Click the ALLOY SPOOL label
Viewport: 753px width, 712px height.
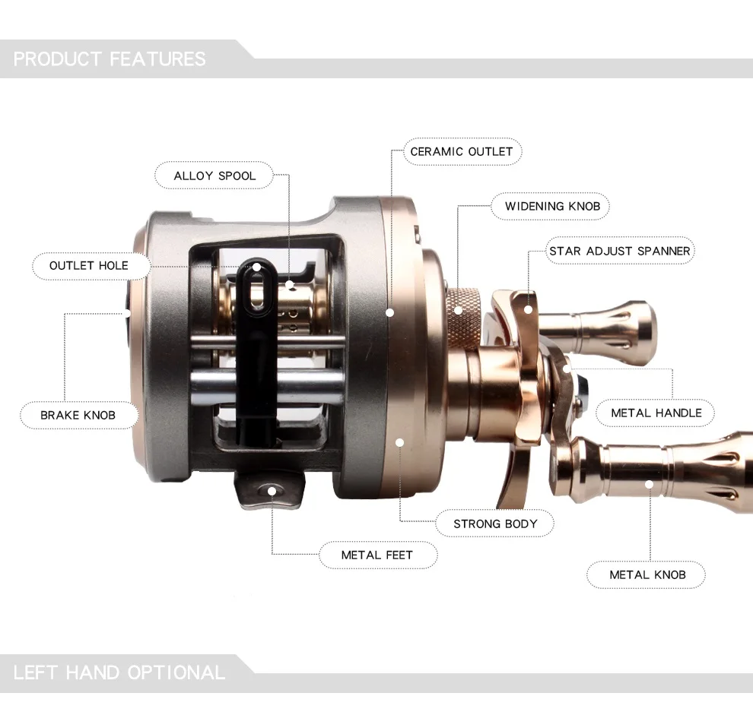coord(214,176)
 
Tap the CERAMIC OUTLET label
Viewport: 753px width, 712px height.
coord(462,152)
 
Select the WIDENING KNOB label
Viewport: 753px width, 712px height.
coord(552,207)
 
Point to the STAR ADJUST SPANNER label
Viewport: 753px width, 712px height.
coord(619,251)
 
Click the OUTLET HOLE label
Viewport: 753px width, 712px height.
coord(89,266)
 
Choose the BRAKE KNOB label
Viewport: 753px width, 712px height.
coord(78,415)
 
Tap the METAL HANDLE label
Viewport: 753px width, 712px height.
coord(656,413)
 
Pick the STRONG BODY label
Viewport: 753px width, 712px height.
coord(495,524)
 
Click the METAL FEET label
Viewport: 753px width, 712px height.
coord(377,555)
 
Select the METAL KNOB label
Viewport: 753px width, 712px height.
coord(647,574)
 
